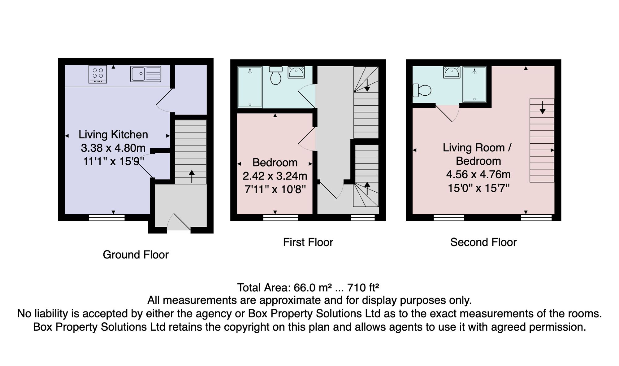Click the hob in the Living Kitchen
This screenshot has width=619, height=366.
point(98,74)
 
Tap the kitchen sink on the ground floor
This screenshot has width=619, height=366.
point(146,74)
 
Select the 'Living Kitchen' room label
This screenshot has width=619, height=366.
point(113,135)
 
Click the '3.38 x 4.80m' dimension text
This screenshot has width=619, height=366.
point(113,148)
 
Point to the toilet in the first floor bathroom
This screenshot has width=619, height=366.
point(275,75)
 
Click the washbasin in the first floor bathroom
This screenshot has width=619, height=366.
point(296,72)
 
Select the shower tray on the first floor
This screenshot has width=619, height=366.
point(250,87)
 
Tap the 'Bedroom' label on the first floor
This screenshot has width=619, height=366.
point(275,163)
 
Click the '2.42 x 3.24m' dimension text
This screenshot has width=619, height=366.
point(275,176)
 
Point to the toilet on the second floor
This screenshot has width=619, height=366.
point(422,90)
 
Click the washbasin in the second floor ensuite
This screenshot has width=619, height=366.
point(452,72)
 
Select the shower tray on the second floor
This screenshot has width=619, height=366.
point(474,84)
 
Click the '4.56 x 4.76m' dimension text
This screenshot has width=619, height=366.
point(478,175)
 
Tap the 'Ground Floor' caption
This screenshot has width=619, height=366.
point(136,255)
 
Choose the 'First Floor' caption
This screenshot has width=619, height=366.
point(308,242)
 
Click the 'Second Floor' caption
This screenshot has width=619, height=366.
point(483,242)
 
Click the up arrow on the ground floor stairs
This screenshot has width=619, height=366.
point(192,176)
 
